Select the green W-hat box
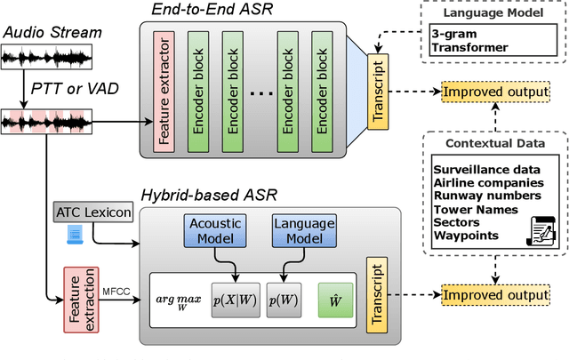(x=335, y=301)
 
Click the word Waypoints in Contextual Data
(x=465, y=236)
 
